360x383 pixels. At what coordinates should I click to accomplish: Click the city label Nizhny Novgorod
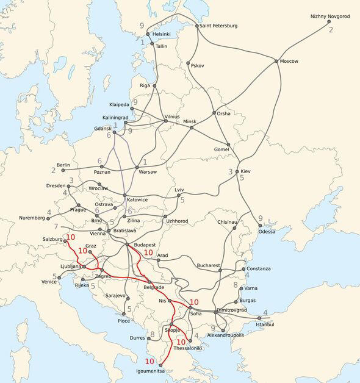330,16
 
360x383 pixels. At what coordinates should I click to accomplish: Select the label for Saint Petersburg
218,26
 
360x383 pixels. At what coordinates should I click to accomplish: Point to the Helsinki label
162,34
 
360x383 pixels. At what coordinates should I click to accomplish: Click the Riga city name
145,85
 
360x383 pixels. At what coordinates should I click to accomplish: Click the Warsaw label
149,173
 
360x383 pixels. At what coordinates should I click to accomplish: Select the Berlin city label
63,165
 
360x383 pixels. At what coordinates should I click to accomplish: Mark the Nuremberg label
32,218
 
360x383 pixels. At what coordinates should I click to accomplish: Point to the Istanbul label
266,324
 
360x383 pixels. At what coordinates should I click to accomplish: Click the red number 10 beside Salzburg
70,237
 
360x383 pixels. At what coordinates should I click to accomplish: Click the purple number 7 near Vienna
56,227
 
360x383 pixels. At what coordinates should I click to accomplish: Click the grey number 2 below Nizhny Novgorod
331,29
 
